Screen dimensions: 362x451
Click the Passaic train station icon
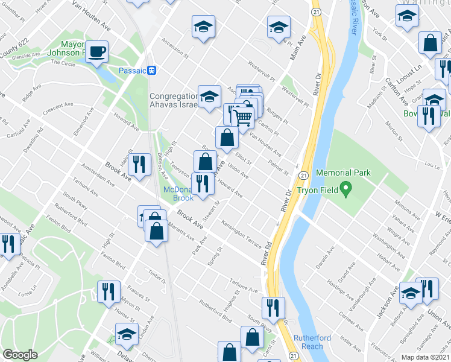153,70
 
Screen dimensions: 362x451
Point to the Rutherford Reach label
312,342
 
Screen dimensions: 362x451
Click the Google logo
20,355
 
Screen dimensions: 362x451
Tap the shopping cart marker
242,116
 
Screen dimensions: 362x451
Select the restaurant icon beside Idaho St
139,163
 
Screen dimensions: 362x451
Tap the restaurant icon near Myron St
109,292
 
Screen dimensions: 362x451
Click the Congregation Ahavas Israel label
174,100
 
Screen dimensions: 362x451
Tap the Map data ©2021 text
426,357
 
